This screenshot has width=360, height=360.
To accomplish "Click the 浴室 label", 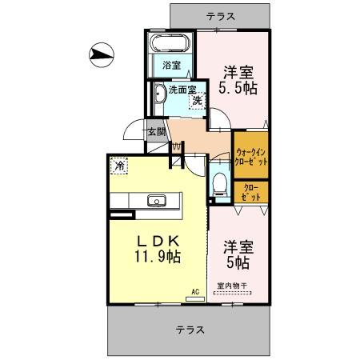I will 170,64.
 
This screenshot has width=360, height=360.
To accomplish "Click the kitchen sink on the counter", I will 155,200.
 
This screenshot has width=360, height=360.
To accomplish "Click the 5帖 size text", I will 238,261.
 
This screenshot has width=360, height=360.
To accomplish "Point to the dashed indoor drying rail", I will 232,294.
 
